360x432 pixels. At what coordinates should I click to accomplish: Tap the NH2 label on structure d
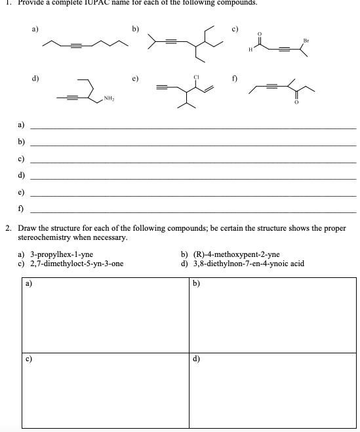click(108, 99)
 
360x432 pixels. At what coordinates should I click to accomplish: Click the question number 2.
click(7, 228)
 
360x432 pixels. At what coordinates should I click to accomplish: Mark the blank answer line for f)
click(193, 211)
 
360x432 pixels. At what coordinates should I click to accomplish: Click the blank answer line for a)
click(193, 128)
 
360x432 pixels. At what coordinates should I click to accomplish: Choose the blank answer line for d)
click(193, 178)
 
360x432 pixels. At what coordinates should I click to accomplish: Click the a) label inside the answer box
click(28, 285)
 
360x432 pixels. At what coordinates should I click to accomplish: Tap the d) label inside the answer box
click(197, 359)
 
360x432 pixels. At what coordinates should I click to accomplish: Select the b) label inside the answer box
click(197, 285)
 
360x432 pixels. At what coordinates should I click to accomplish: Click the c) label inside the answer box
click(28, 359)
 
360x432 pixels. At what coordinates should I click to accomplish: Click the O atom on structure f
click(296, 102)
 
